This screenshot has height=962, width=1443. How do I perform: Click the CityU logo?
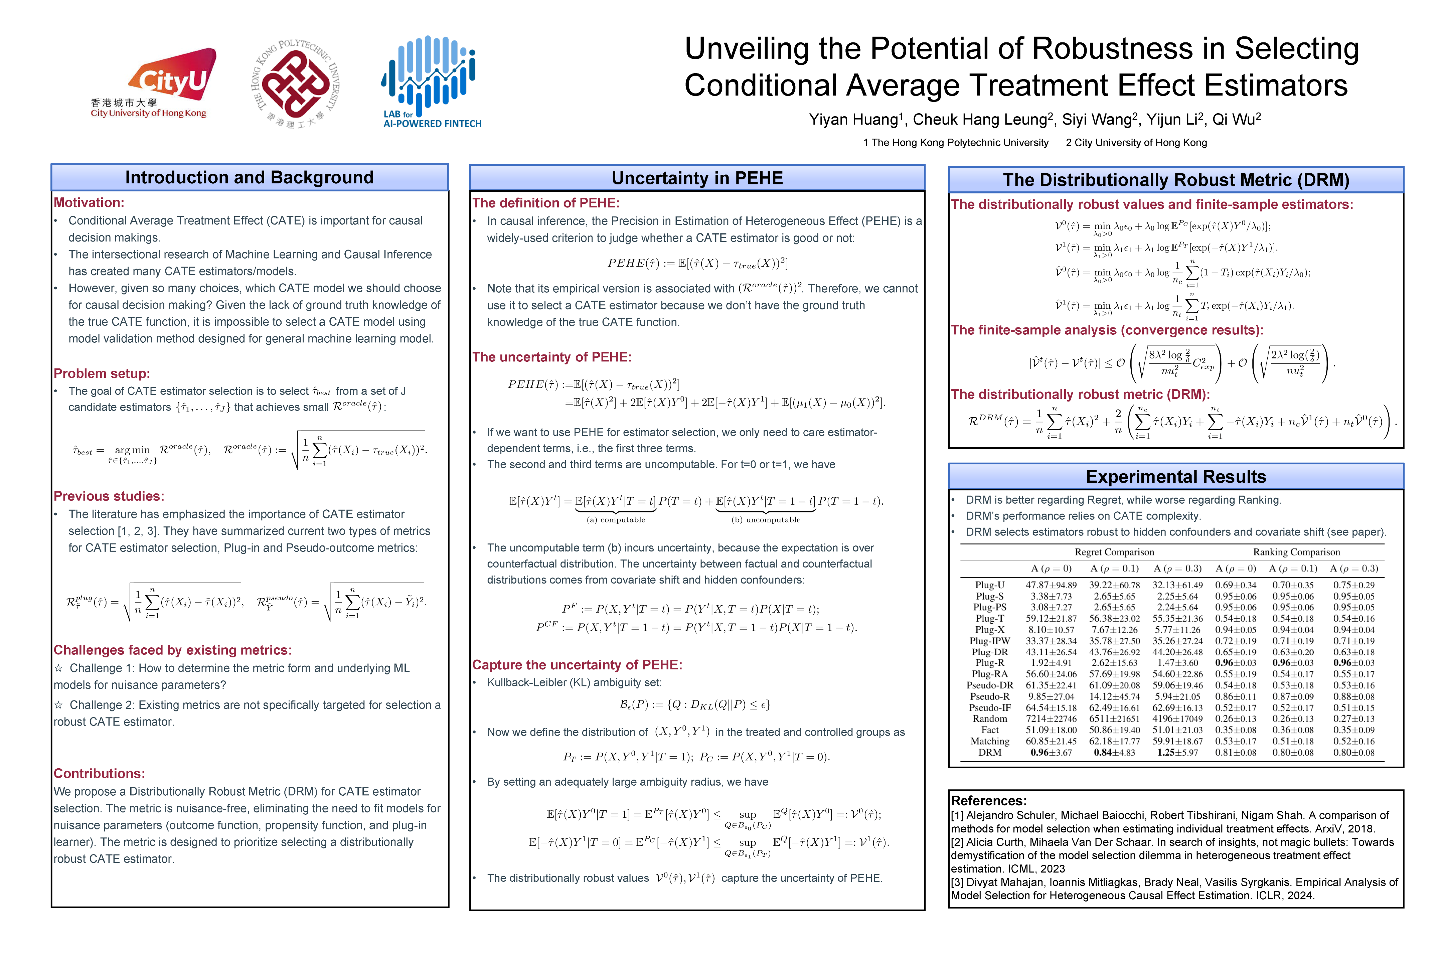(153, 83)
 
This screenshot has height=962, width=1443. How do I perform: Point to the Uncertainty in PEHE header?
(697, 178)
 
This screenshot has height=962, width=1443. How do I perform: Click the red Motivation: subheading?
(89, 202)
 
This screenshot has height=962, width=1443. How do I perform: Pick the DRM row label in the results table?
(990, 752)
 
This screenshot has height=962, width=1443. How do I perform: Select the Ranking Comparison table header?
(1296, 552)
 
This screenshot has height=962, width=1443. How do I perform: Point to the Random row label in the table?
(990, 718)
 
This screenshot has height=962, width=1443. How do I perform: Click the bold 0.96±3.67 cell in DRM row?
(1051, 752)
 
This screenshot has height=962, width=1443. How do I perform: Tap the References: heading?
(988, 801)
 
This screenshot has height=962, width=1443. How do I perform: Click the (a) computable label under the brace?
(616, 520)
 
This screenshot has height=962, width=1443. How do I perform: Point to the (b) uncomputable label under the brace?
(766, 520)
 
